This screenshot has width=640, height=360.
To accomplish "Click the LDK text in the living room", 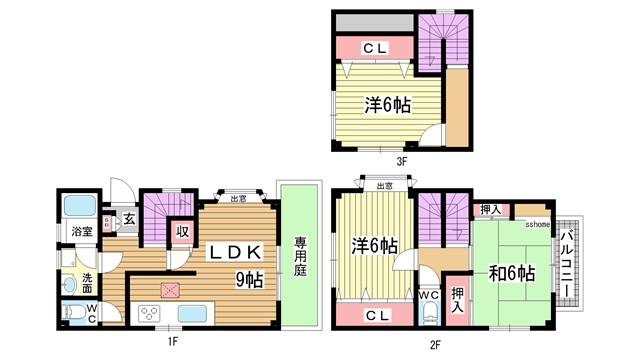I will tap(235, 253).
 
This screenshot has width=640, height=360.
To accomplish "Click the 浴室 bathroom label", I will tap(81, 232).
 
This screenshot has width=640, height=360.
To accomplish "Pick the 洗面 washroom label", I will tap(87, 282).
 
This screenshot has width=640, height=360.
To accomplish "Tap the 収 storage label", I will tap(183, 232).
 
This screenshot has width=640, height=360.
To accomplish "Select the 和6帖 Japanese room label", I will tap(511, 273).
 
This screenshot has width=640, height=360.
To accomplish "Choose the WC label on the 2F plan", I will tap(429, 295).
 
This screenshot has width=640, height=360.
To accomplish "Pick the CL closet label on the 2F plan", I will tap(375, 315).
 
